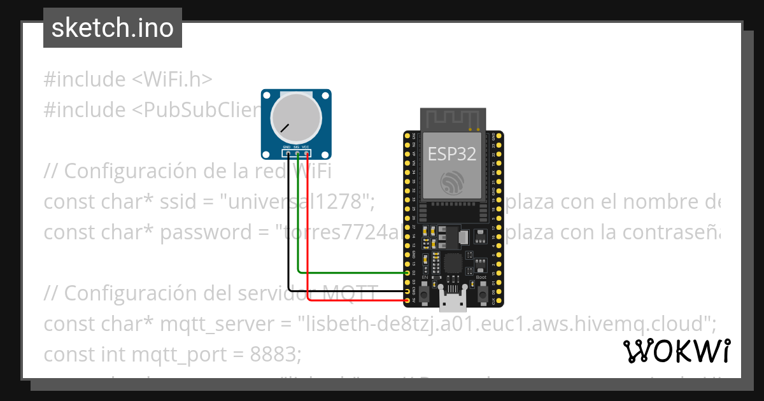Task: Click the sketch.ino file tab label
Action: click(x=113, y=28)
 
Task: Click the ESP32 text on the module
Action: click(x=452, y=154)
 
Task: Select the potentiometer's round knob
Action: click(x=296, y=118)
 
